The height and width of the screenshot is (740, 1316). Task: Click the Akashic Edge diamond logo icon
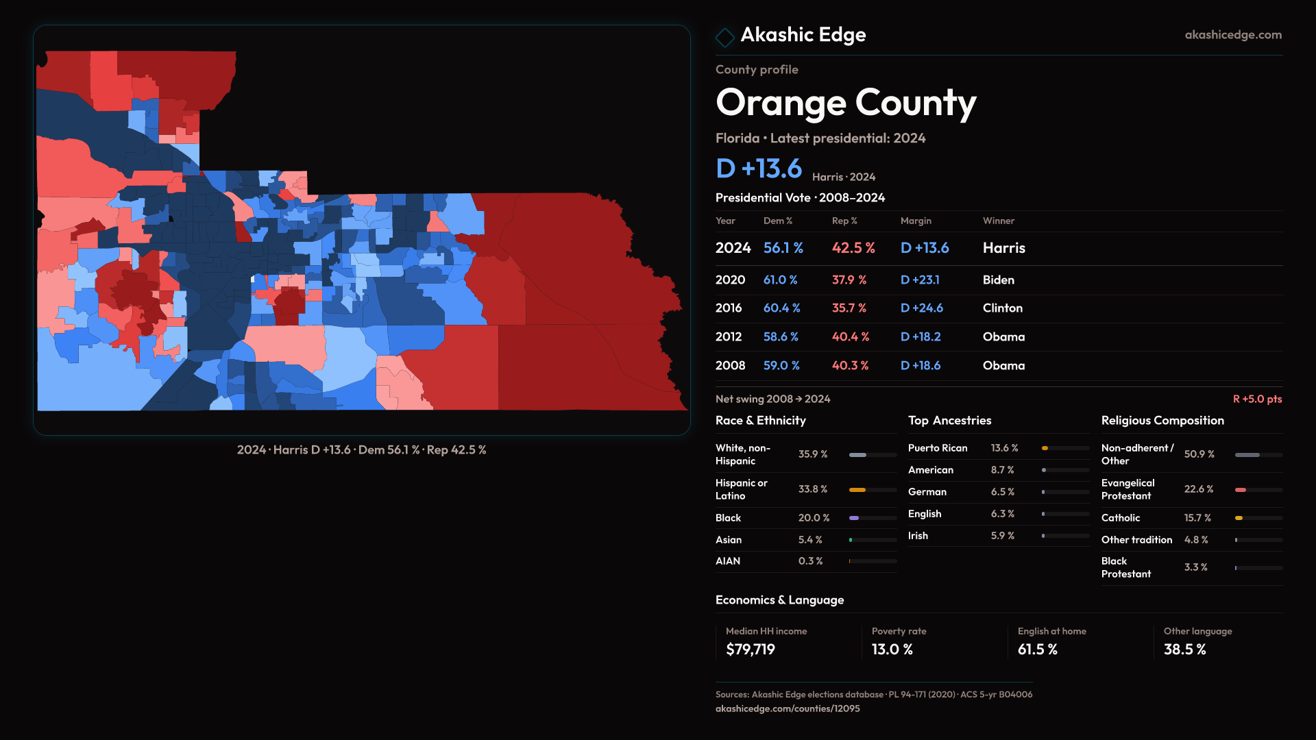point(724,36)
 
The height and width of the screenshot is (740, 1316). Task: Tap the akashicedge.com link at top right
point(1233,34)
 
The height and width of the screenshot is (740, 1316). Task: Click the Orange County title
point(846,103)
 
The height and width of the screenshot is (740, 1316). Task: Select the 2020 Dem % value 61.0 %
point(780,280)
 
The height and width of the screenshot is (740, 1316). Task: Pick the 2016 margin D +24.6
point(921,308)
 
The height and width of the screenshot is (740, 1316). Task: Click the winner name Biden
point(998,280)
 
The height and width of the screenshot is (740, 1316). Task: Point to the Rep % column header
point(844,221)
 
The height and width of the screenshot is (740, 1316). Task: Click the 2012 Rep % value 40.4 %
point(850,337)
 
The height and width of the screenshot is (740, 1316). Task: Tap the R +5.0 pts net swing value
point(1257,399)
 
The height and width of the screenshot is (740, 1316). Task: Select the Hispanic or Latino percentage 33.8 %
point(812,489)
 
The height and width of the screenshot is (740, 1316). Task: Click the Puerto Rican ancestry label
point(938,448)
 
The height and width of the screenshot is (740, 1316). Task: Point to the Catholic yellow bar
point(1239,518)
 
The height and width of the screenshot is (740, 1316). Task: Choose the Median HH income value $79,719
point(751,650)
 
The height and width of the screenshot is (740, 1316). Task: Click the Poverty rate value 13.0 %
point(892,650)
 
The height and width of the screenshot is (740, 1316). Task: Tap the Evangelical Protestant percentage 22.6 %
point(1198,489)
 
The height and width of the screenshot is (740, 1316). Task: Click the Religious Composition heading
point(1162,421)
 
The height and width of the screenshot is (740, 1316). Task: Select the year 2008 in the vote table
point(730,366)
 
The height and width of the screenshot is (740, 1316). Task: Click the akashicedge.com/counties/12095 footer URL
point(788,708)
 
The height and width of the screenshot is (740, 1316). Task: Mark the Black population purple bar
point(854,518)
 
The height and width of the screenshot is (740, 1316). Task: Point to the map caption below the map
point(361,450)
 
